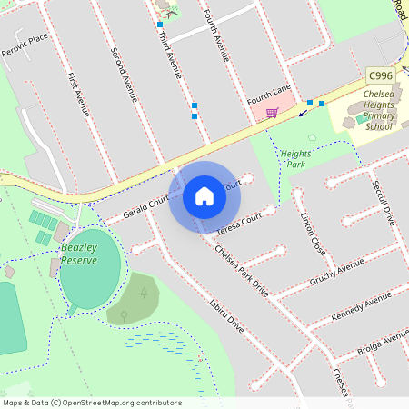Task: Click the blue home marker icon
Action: tap(204, 196)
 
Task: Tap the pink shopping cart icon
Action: tap(271, 113)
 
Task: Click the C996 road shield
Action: tap(380, 75)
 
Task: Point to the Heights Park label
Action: tap(295, 159)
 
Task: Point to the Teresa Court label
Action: tap(240, 221)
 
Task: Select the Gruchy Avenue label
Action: tap(335, 270)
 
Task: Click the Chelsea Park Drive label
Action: tap(243, 273)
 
